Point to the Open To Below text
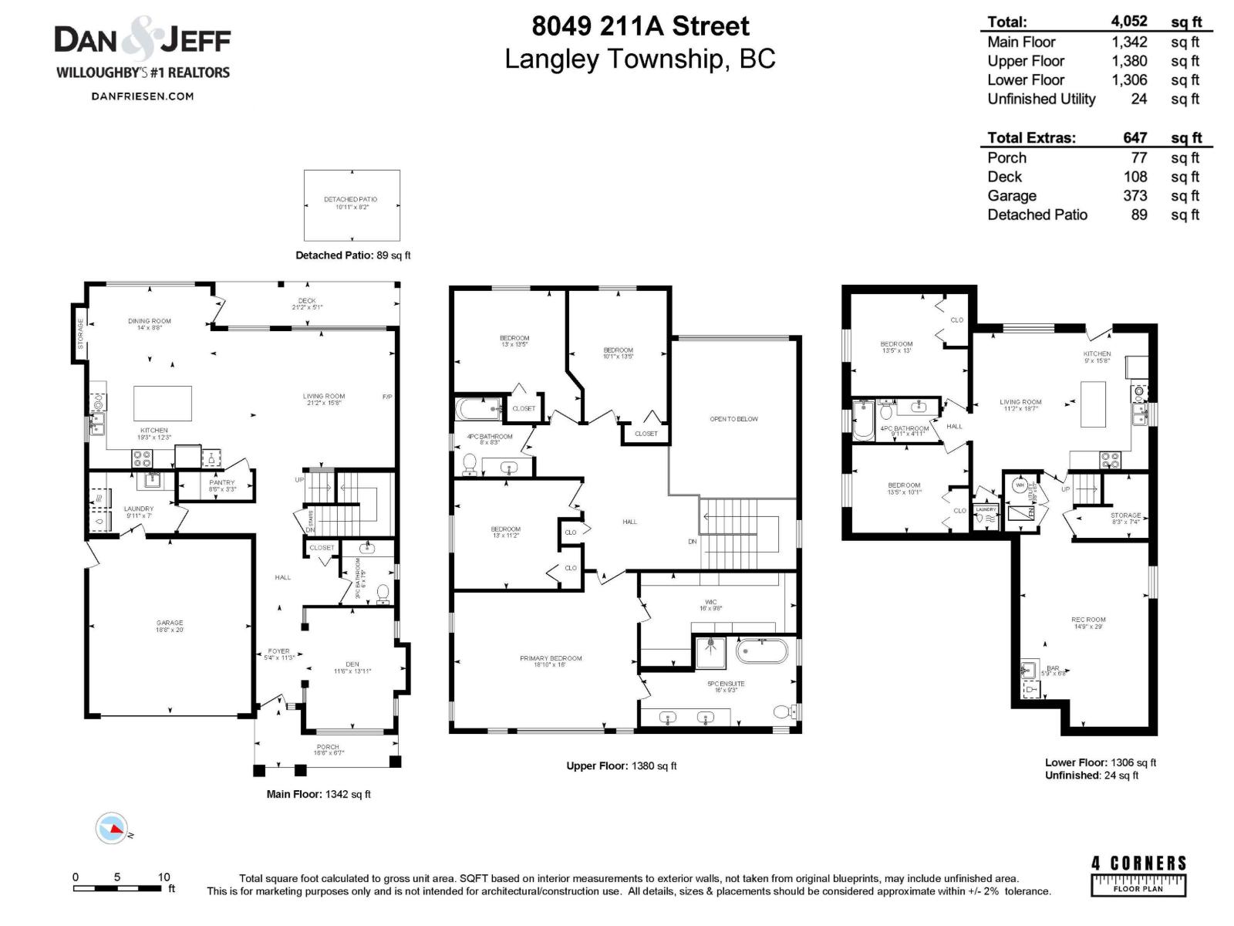[x=733, y=419]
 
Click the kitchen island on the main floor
[x=163, y=403]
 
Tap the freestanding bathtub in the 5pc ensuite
[x=762, y=651]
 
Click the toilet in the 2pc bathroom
[x=383, y=593]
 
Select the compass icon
[x=111, y=829]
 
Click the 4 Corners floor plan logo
[x=1138, y=875]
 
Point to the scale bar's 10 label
[x=164, y=877]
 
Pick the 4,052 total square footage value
[x=1129, y=22]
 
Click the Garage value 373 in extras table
[x=1135, y=196]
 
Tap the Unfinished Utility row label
[x=1041, y=99]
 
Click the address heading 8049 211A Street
[x=640, y=26]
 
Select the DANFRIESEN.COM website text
[x=142, y=96]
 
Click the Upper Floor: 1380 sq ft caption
[x=621, y=765]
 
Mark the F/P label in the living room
[x=387, y=397]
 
